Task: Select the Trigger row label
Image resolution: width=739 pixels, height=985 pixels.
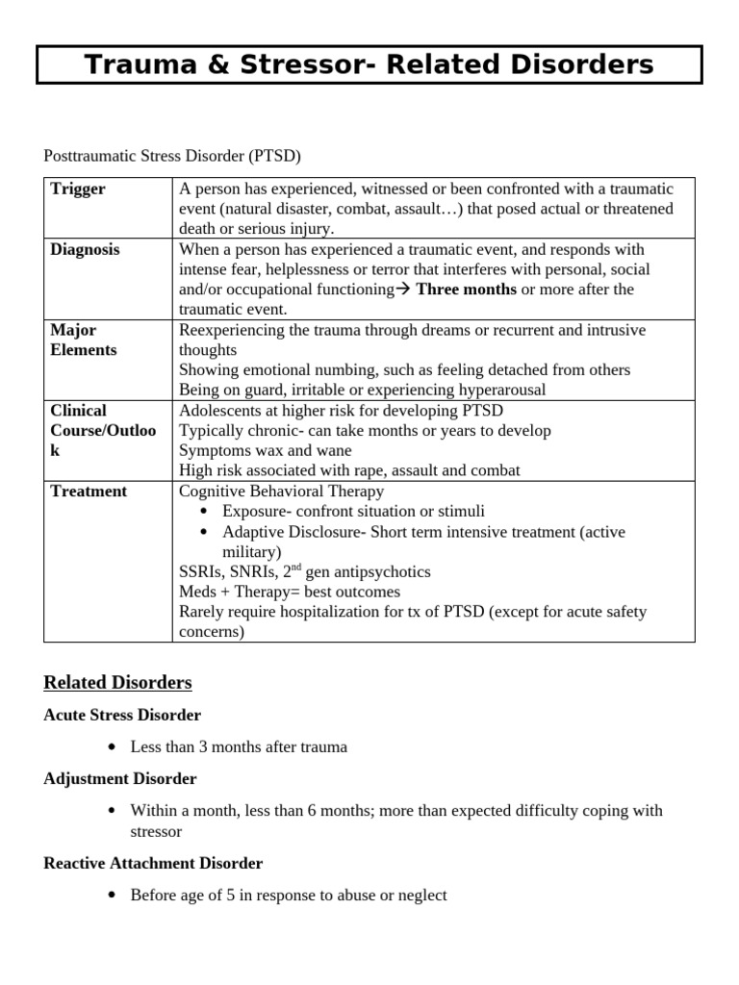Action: point(78,189)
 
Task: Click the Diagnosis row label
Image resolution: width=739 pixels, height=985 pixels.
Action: point(86,249)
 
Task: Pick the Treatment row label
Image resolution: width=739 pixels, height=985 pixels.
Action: point(89,491)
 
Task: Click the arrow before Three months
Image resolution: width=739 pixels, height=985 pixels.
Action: point(403,290)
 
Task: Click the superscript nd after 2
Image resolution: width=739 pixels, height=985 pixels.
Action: point(296,568)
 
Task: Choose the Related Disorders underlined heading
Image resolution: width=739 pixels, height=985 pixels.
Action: point(117,682)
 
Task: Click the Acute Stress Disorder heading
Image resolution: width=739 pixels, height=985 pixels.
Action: point(122,715)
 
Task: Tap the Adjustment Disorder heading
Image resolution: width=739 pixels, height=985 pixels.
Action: point(120,778)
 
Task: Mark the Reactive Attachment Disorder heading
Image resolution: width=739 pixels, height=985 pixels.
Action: point(153,863)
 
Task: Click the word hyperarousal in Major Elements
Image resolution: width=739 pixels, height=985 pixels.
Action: point(501,390)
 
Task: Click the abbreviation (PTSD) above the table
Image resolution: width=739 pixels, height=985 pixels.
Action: point(280,156)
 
